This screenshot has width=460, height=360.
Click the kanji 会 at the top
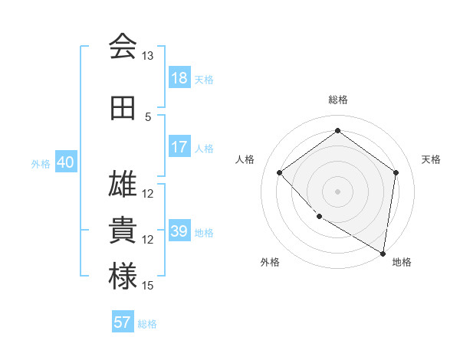coord(123,47)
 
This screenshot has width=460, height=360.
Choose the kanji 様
coord(123,277)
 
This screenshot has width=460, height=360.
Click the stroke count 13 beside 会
coord(148,56)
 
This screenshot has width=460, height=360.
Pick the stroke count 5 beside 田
coord(148,116)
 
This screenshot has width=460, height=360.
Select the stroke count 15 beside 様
coord(148,286)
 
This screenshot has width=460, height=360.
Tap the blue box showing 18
coord(179,78)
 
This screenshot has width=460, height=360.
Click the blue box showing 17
coord(179,147)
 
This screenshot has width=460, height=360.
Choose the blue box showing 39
coord(179,231)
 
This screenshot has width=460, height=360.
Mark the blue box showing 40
coord(64,162)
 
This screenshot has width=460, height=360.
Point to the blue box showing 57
coord(122,322)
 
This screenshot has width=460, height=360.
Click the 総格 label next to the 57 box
coord(147,324)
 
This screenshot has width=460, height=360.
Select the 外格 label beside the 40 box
coord(41,163)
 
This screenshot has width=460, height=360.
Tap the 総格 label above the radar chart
coord(337,100)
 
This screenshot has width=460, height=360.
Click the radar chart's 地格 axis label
coord(402,262)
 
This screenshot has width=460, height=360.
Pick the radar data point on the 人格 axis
coord(280,173)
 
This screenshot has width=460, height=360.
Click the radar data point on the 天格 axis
coord(396,172)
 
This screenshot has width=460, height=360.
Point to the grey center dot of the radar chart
coord(337,191)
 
